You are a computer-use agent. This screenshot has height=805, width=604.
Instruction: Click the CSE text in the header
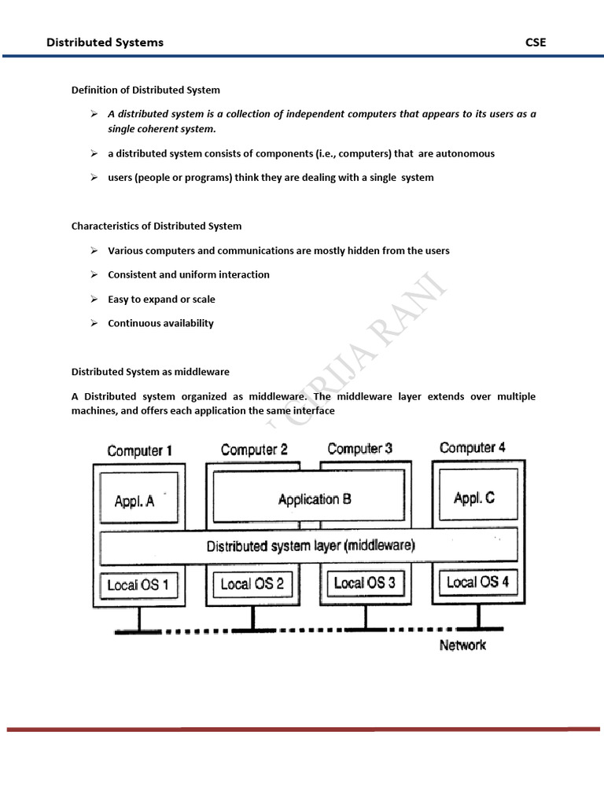535,42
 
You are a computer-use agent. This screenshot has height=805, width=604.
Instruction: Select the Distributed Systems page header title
105,42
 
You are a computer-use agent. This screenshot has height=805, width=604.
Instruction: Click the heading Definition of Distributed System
145,90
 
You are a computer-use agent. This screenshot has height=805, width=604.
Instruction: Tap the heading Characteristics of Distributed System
157,226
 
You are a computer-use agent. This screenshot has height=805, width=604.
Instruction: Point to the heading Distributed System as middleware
150,371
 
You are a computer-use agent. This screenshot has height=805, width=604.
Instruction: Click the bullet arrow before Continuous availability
93,323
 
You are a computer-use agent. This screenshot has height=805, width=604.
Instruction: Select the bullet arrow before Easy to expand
93,299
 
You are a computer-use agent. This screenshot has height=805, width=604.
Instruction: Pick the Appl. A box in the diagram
135,500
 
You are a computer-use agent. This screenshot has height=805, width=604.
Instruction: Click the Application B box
315,498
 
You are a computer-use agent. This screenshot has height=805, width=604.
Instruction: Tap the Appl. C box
474,498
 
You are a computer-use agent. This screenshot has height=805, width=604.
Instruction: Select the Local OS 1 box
138,585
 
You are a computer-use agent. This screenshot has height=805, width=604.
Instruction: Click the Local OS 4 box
477,582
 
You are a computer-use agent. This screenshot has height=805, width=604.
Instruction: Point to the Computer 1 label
139,450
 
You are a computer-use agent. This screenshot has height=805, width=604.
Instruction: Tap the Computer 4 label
473,447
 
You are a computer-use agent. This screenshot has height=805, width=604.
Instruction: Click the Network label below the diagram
462,645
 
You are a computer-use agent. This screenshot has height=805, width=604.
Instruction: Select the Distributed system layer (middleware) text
311,546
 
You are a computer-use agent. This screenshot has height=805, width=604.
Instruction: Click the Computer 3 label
360,449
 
